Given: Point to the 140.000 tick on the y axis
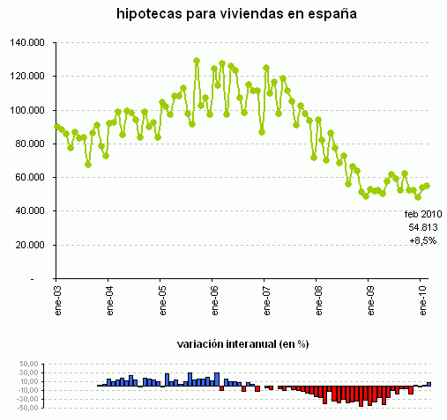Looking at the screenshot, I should coord(30,42).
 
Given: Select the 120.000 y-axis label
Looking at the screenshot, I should coord(30,77).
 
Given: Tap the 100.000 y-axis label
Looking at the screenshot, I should coord(30,110).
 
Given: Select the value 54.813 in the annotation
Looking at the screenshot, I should coord(424,227).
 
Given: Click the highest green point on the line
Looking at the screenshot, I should coord(197,62).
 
